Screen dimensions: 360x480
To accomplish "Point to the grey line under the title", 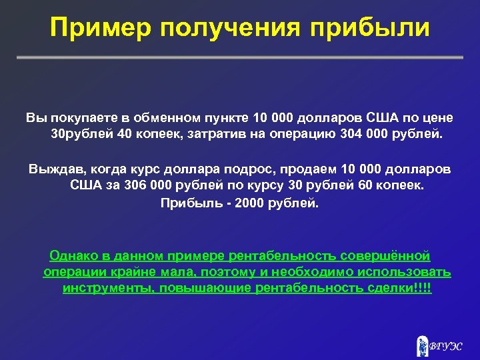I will [240, 58].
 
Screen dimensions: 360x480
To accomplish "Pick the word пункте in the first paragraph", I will [230, 118].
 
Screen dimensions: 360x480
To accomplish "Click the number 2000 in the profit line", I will [250, 203].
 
